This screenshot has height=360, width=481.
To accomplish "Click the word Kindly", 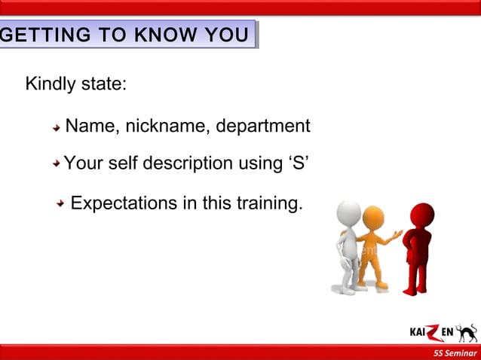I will click(51, 84).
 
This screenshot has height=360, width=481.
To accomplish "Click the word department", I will click(263, 126).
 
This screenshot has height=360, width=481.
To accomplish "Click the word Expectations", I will click(124, 203).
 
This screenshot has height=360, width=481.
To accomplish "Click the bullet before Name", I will click(57, 128).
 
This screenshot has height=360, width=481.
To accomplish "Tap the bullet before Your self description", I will click(57, 163).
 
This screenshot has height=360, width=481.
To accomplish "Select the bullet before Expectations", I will click(61, 204).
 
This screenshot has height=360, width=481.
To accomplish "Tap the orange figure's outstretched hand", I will click(397, 235).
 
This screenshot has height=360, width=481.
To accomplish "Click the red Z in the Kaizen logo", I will click(427, 332).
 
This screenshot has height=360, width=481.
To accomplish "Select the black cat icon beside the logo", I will click(467, 333).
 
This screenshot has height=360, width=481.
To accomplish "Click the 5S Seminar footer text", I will click(455, 353).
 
